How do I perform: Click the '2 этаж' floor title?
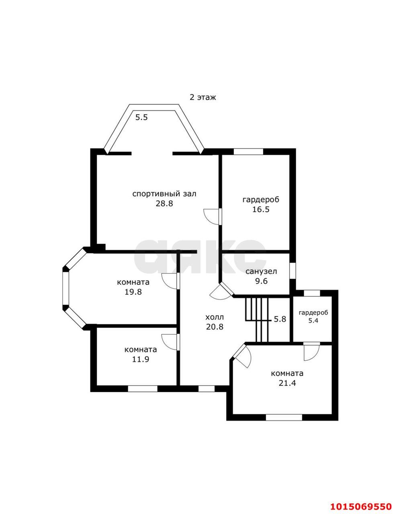[203, 97]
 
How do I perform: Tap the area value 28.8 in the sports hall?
[164, 204]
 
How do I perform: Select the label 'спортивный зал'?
[164, 194]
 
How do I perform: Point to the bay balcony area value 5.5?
[141, 117]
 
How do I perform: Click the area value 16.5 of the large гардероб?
[261, 209]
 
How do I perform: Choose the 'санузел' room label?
[261, 271]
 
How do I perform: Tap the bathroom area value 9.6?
[262, 281]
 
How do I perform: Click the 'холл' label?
[215, 317]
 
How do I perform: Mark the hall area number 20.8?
[215, 326]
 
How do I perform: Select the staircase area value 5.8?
[280, 319]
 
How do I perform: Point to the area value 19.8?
[133, 292]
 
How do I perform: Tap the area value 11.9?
[141, 359]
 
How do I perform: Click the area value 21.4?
[287, 383]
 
